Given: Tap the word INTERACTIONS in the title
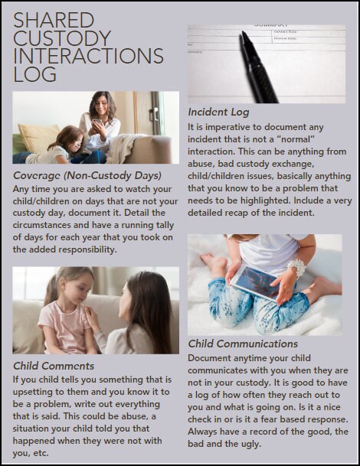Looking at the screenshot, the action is pos(89,57).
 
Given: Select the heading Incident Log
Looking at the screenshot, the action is pos(218,112).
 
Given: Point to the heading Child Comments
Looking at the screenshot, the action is pos(54,366).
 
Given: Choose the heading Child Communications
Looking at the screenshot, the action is pos(243,344).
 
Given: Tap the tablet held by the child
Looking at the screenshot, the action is pos(256,281).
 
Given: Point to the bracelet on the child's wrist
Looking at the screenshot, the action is pos(296,269).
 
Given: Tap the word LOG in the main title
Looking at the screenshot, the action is pos(35,75).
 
